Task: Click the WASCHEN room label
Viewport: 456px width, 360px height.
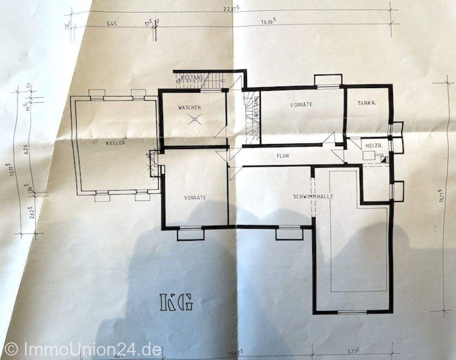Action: pos(189,108)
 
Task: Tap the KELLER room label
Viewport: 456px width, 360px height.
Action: pos(116,143)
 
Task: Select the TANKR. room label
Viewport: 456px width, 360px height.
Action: pos(367,103)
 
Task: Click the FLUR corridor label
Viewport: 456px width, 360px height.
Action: pos(282,156)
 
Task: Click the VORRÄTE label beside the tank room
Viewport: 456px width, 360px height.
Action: pos(301,104)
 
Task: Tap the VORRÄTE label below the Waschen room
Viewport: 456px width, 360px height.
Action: pos(195,198)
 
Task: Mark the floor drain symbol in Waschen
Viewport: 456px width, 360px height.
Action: pos(195,119)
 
